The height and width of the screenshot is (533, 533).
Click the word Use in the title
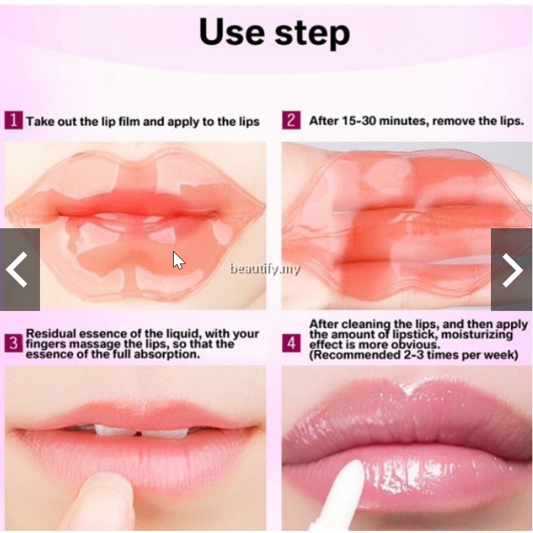232,32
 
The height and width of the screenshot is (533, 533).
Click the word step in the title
312,34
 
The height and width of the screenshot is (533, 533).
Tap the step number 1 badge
14,121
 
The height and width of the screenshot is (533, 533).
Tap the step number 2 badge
291,121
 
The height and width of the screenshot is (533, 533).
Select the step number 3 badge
14,343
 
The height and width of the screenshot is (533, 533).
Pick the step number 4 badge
291,343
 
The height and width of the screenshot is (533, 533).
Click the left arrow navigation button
20,270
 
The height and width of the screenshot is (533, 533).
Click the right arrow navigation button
512,270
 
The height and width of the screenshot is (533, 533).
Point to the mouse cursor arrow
179,261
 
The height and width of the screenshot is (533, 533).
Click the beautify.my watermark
265,269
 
